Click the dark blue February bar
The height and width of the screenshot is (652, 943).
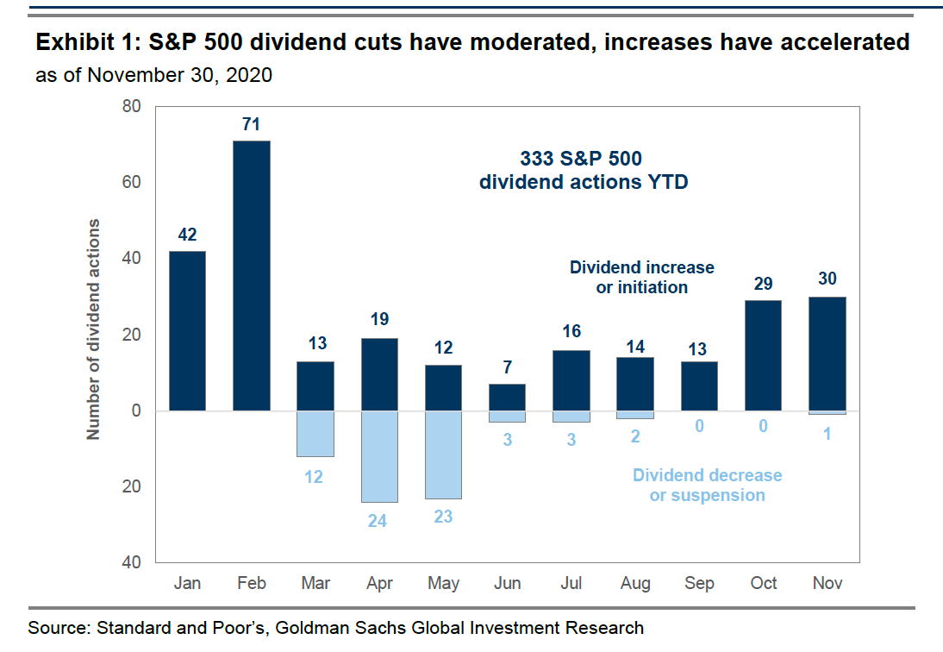(251, 275)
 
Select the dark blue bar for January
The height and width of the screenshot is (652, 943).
(187, 330)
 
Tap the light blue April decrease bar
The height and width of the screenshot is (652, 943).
(379, 456)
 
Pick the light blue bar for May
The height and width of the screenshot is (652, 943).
(443, 455)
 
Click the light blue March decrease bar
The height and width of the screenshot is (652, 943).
(315, 434)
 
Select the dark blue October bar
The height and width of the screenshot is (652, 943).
(764, 355)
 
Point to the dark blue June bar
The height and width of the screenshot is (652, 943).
(507, 397)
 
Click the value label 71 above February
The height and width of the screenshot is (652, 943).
(251, 125)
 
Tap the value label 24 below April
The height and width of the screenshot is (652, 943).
(379, 520)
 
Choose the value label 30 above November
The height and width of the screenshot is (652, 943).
(828, 279)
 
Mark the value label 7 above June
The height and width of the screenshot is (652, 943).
(508, 367)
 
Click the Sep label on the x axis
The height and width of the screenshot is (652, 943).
(699, 584)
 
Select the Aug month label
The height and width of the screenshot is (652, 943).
(635, 584)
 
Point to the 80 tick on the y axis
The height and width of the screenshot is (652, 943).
(132, 107)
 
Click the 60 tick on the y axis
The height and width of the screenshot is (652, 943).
(132, 183)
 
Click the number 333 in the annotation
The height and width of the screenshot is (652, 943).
(538, 159)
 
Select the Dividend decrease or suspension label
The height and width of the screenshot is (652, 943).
(707, 485)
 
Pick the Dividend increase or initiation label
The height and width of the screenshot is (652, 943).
(641, 277)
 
